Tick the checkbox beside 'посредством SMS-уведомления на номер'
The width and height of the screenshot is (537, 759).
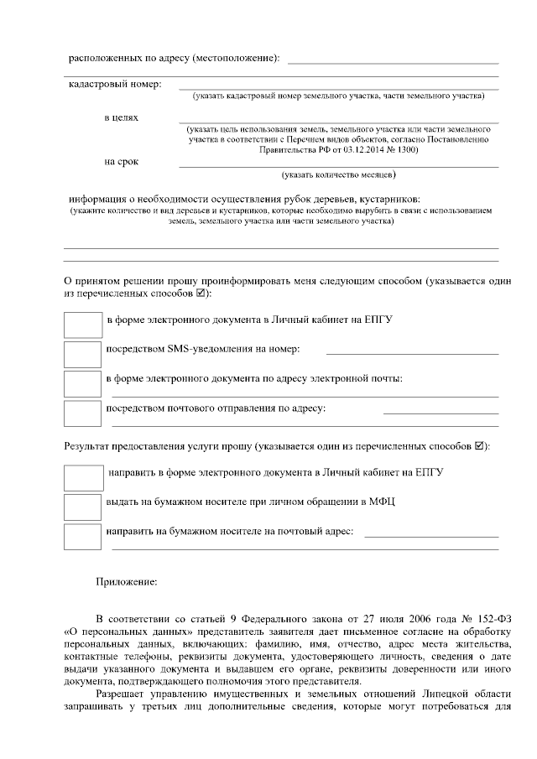pyautogui.click(x=82, y=353)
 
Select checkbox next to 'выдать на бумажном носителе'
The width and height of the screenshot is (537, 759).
pyautogui.click(x=82, y=507)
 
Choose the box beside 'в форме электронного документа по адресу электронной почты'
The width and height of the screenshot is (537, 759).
pyautogui.click(x=82, y=383)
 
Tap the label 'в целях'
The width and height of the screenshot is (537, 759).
pyautogui.click(x=121, y=117)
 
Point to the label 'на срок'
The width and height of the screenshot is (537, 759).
pyautogui.click(x=121, y=160)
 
